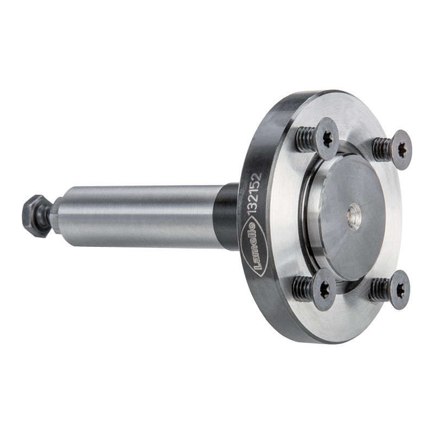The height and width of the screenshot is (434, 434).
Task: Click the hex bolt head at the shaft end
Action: click(x=35, y=215)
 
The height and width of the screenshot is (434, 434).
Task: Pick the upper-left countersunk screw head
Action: click(x=327, y=139)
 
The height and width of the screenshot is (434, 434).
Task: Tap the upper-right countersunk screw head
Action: click(x=400, y=150)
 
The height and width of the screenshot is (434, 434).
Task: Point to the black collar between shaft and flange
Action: click(x=226, y=216)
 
